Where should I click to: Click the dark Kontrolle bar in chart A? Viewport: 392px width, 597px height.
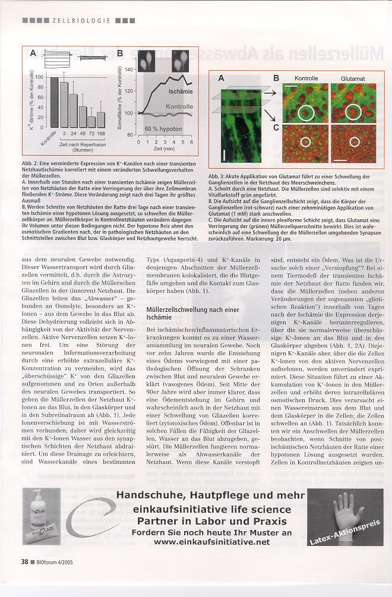[x=54, y=102]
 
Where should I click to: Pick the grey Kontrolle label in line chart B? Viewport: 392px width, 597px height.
[x=179, y=106]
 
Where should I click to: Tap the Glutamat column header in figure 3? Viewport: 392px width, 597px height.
[x=353, y=78]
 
